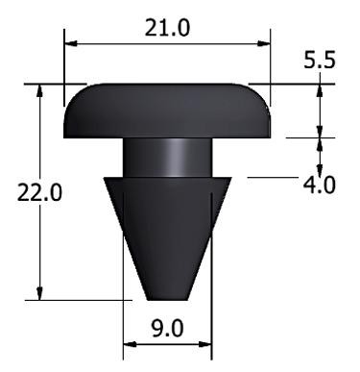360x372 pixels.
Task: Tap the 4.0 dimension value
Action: pos(318,184)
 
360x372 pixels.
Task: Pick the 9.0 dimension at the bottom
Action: pos(167,327)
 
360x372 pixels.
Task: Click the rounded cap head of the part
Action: pos(167,111)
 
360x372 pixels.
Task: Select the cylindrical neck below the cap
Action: pos(167,159)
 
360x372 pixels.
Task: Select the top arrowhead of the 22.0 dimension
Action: pos(39,88)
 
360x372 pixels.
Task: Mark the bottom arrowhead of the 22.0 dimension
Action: pos(39,295)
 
